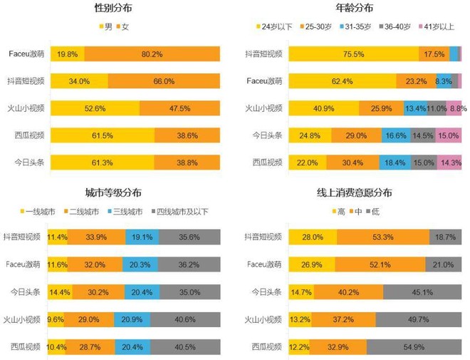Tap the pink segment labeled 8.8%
(x=457, y=108)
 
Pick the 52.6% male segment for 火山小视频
(x=94, y=108)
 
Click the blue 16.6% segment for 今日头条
(x=395, y=135)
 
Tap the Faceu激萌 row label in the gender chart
(x=26, y=54)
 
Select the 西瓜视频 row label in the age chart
(x=263, y=163)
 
